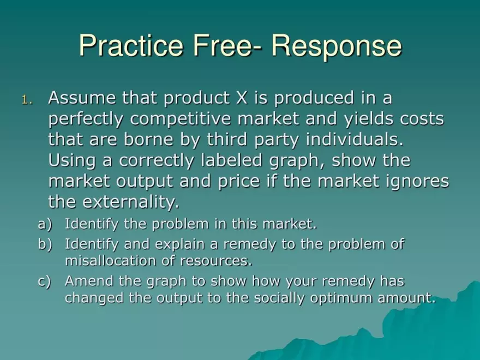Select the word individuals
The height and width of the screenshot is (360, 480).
click(x=356, y=140)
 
